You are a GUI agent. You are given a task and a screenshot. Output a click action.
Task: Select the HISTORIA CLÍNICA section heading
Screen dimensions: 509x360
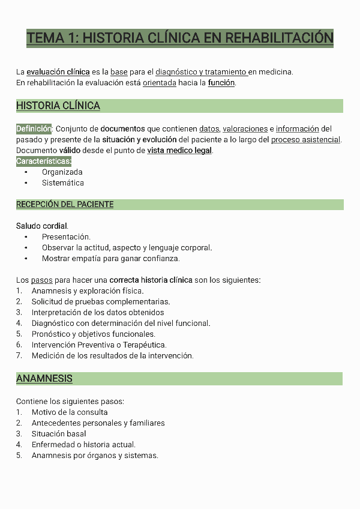click(x=58, y=106)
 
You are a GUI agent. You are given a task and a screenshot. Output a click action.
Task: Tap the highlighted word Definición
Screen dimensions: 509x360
click(x=34, y=128)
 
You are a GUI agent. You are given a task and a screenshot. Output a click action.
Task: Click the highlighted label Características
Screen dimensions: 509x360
click(x=44, y=161)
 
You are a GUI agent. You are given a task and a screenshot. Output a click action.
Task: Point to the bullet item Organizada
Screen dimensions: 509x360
click(x=62, y=172)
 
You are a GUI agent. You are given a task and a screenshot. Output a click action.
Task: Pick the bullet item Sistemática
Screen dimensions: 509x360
click(x=63, y=182)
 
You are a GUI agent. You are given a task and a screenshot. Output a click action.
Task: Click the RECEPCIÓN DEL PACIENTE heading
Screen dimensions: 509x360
click(x=65, y=205)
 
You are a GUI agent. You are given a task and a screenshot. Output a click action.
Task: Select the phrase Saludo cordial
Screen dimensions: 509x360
click(x=42, y=226)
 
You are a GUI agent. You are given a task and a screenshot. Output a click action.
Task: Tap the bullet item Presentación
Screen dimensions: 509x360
click(x=66, y=237)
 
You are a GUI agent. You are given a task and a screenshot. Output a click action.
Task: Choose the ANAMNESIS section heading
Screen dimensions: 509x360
click(x=44, y=379)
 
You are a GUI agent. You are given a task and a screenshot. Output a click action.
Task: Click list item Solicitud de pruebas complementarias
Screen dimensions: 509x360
click(x=101, y=301)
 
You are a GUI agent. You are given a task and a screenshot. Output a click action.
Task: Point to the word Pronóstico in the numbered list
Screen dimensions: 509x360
click(x=51, y=334)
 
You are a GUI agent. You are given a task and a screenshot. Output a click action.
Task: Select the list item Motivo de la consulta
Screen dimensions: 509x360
click(x=70, y=412)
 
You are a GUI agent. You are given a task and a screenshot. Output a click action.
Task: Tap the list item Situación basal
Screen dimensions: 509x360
click(x=59, y=433)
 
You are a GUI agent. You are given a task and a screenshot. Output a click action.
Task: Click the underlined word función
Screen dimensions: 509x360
click(x=221, y=83)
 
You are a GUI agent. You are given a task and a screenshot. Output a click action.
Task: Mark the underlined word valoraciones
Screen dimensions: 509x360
click(x=245, y=128)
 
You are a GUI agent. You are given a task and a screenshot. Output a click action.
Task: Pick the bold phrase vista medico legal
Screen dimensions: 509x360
click(x=179, y=150)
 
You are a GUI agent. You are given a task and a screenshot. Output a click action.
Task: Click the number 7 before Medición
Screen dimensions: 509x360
click(x=19, y=355)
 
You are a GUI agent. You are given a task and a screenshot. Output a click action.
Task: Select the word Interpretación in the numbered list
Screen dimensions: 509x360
click(x=56, y=312)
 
